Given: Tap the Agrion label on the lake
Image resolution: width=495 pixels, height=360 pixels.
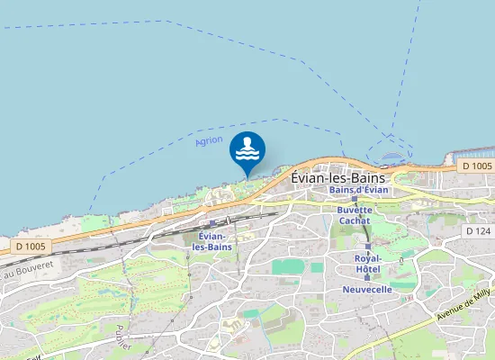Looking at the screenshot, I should click(209, 141).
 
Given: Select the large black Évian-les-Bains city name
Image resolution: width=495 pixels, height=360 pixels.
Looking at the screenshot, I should click(338, 177).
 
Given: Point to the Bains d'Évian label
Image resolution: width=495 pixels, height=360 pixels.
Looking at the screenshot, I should click(358, 190).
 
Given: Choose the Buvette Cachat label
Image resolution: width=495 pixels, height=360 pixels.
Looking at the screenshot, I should click(354, 215).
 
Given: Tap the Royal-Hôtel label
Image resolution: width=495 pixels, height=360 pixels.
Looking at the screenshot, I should click(367, 263).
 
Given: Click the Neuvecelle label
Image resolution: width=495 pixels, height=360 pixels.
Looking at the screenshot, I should click(367, 290).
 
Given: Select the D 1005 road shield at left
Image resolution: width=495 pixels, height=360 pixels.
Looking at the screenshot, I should click(31, 245).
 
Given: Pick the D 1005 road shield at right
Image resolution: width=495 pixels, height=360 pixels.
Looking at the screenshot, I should click(477, 166).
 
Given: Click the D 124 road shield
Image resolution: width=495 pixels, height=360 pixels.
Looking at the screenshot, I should click(477, 231).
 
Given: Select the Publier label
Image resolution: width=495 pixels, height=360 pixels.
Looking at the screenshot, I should click(123, 336).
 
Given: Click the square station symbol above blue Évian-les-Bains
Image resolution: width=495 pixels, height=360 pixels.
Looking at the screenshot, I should click(211, 222).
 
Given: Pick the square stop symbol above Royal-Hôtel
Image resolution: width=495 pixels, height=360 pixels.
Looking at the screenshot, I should click(367, 246).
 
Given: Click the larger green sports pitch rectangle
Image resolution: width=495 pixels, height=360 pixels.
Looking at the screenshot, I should click(288, 266).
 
